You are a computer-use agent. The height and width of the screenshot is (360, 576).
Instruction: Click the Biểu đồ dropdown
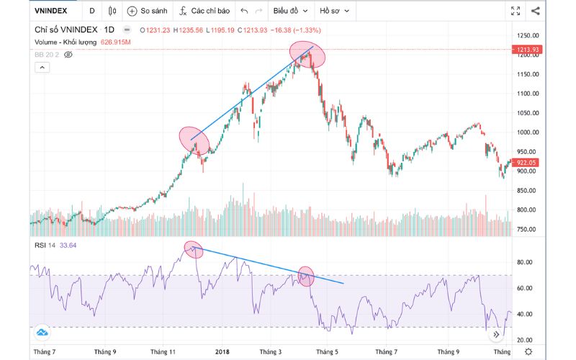coord(290,12)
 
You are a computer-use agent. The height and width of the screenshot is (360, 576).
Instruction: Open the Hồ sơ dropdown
coord(335,12)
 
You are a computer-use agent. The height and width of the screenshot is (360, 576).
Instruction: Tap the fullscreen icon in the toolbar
coord(516,11)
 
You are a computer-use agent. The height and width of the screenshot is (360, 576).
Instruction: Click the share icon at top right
coord(536,11)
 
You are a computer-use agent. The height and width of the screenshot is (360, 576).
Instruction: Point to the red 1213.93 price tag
coord(528,49)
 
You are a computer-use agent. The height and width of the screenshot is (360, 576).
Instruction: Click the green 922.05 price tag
coord(528,163)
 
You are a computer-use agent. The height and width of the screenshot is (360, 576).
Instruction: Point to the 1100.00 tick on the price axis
coord(528,94)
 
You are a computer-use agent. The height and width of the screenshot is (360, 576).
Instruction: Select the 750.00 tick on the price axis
coord(528,230)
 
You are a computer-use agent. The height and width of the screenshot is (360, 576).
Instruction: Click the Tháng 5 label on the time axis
coord(327,352)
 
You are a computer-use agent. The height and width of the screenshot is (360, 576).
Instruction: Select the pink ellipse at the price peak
coord(307,55)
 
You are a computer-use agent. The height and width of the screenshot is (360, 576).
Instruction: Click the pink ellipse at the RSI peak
coord(194,249)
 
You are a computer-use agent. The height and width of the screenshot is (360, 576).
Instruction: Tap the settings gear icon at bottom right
coord(529,351)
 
